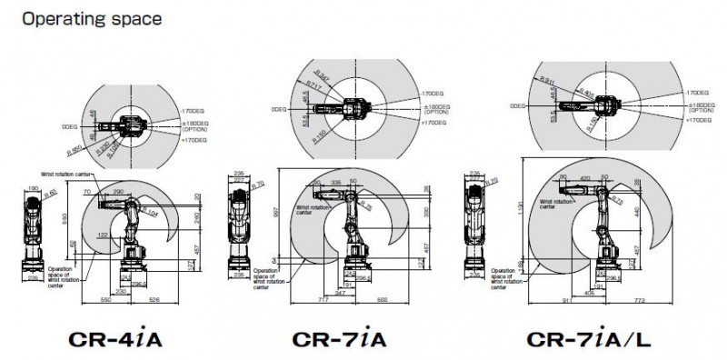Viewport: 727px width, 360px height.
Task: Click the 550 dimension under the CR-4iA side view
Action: [x=106, y=300]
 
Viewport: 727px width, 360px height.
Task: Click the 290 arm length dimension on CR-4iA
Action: [x=118, y=192]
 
